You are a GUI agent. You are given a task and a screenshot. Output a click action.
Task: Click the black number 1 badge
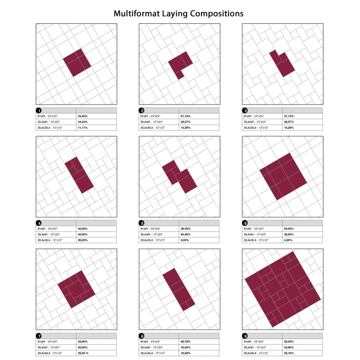click(x=38, y=111)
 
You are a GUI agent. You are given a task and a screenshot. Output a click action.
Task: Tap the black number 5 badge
click(x=142, y=223)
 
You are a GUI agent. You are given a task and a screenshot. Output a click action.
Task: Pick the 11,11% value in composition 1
click(x=83, y=127)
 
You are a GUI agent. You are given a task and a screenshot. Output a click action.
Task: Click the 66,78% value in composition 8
click(x=186, y=342)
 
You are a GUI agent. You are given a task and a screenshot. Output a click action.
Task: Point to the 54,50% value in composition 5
click(x=186, y=234)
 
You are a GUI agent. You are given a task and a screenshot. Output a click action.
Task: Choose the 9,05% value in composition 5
click(x=185, y=239)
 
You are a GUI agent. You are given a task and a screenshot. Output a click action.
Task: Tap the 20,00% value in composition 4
click(x=83, y=239)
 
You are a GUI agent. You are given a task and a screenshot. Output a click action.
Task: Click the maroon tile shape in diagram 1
click(x=77, y=62)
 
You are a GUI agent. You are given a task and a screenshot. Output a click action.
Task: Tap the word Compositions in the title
click(x=213, y=13)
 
